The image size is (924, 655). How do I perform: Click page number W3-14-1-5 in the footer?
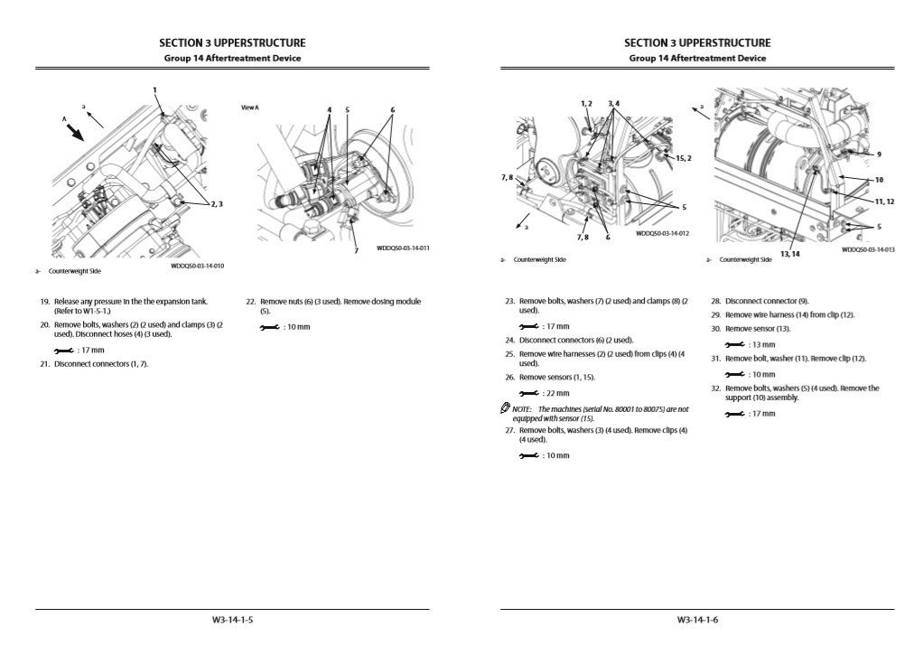pyautogui.click(x=232, y=620)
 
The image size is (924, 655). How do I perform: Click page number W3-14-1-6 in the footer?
pyautogui.click(x=697, y=620)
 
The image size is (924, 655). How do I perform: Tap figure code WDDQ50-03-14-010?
pyautogui.click(x=198, y=267)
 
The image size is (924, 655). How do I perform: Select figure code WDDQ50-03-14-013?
pyautogui.click(x=868, y=249)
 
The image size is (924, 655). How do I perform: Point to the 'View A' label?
pyautogui.click(x=250, y=108)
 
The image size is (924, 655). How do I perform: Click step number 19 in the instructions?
pyautogui.click(x=44, y=302)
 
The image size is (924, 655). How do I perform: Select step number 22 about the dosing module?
pyautogui.click(x=251, y=302)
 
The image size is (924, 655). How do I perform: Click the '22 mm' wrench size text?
pyautogui.click(x=556, y=393)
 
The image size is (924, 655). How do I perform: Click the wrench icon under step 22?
pyautogui.click(x=269, y=327)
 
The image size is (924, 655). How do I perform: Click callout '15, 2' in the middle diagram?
pyautogui.click(x=684, y=158)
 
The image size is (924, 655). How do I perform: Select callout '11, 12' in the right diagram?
pyautogui.click(x=884, y=201)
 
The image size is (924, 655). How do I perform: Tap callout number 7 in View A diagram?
pyautogui.click(x=356, y=250)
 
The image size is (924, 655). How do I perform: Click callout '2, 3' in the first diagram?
pyautogui.click(x=216, y=204)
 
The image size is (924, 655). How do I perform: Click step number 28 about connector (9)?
pyautogui.click(x=716, y=301)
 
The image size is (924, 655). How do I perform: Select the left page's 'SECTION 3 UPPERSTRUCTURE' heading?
pyautogui.click(x=232, y=42)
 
